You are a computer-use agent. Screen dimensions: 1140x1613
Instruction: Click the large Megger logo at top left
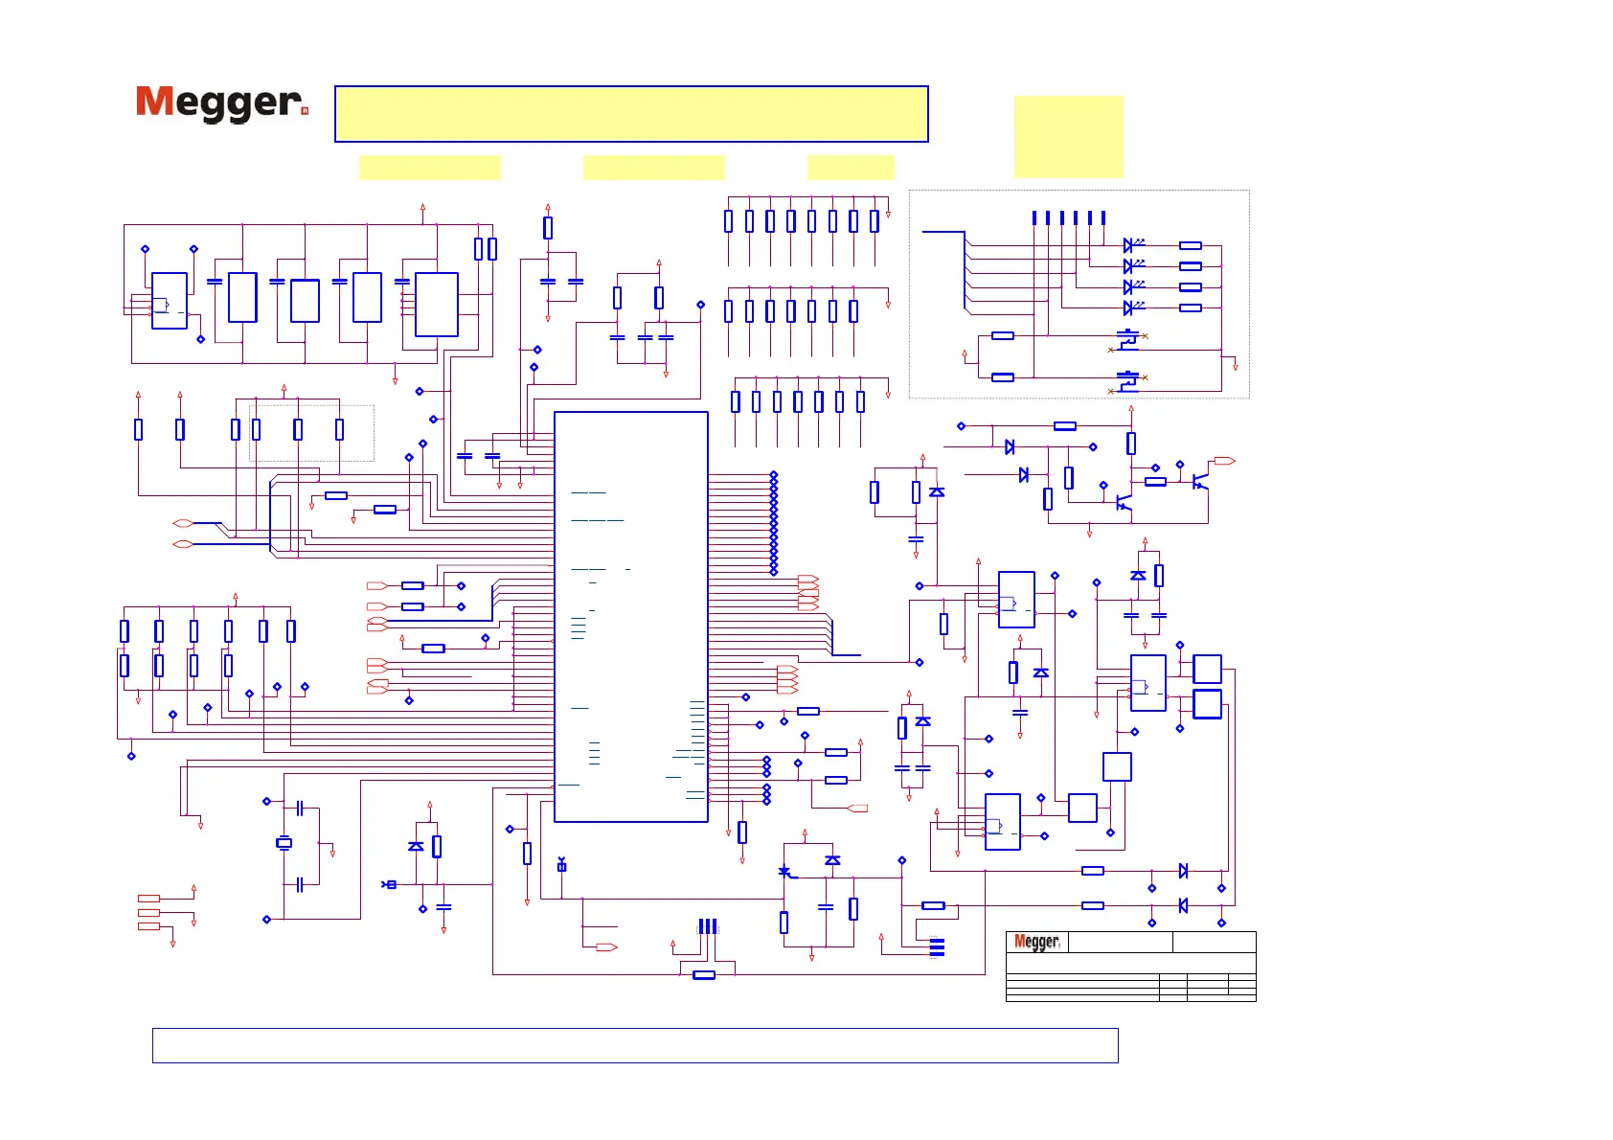click(x=221, y=103)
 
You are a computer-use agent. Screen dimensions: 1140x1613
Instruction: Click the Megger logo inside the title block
click(x=1036, y=942)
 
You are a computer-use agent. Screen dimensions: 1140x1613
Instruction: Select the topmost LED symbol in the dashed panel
click(x=1130, y=245)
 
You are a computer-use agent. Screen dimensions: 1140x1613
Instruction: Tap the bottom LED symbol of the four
click(x=1130, y=308)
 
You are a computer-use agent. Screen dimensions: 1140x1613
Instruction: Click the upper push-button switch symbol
click(x=1128, y=337)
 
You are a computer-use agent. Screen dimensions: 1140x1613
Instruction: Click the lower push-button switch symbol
click(x=1128, y=379)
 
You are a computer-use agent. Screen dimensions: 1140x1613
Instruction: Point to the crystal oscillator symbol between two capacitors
click(x=284, y=843)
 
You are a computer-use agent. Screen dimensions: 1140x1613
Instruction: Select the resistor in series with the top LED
click(x=1191, y=245)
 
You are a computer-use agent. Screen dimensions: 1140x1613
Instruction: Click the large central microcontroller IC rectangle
click(x=630, y=616)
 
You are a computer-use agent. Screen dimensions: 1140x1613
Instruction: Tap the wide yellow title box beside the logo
click(x=631, y=114)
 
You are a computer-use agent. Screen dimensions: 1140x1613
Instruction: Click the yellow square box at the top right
click(x=1068, y=136)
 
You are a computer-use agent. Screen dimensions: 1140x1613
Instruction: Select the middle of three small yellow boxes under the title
click(x=653, y=168)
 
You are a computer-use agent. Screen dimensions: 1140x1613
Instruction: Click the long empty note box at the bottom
click(x=634, y=1045)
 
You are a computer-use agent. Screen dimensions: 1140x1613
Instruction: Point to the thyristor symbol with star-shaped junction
click(x=785, y=871)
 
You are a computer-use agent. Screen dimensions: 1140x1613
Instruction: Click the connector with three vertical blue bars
click(x=708, y=926)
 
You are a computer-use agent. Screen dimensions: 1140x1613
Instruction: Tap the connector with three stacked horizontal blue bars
click(x=937, y=947)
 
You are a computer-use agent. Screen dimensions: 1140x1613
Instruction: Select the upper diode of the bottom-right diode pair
click(x=1183, y=871)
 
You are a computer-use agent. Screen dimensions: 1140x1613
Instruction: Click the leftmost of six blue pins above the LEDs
click(x=1034, y=218)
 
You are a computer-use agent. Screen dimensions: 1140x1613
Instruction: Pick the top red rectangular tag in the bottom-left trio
click(x=148, y=899)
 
